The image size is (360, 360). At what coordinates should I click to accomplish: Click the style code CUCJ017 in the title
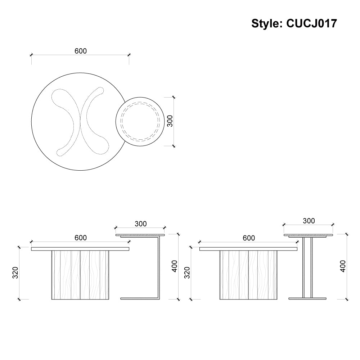[311, 23]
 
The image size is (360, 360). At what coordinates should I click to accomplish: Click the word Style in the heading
[265, 23]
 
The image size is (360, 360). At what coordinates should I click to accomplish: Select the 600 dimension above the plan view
[81, 51]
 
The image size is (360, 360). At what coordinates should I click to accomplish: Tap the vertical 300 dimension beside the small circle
[170, 121]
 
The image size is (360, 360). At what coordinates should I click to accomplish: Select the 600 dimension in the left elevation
[81, 238]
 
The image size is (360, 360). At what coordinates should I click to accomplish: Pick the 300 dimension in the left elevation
[140, 224]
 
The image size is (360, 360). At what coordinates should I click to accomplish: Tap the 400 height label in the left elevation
[175, 266]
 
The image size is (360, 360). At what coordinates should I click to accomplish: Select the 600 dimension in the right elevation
[249, 238]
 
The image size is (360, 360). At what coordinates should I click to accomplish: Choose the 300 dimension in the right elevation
[309, 221]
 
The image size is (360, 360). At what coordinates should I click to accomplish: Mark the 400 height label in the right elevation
[343, 266]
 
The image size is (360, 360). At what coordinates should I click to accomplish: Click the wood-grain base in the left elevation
[80, 275]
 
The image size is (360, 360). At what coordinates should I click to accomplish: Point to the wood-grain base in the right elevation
[248, 275]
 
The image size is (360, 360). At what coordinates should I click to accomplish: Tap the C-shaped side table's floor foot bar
[139, 298]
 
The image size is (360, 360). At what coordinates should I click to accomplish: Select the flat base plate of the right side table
[307, 298]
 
